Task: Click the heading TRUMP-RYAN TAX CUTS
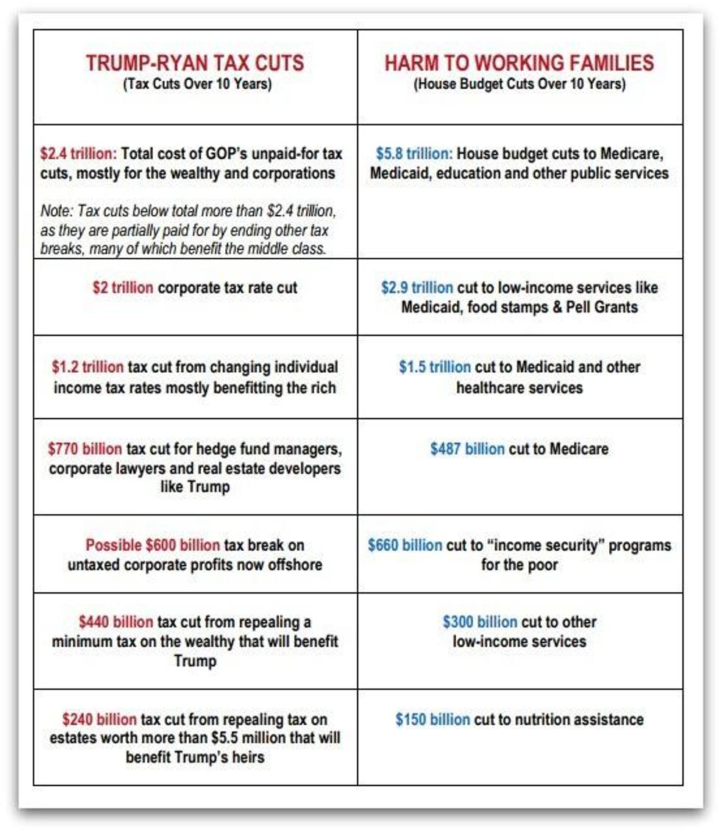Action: (x=194, y=63)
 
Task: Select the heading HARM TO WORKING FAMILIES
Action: (x=519, y=63)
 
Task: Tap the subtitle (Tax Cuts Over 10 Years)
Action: (x=197, y=84)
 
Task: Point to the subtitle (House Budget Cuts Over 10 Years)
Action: (x=519, y=84)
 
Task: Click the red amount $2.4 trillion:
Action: (x=78, y=154)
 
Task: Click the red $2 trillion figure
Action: (x=123, y=288)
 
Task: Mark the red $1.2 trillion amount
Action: (x=88, y=367)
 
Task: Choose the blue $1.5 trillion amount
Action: (x=435, y=367)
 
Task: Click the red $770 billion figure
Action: (x=85, y=448)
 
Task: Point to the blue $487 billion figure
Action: (x=467, y=449)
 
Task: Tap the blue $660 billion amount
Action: (x=405, y=546)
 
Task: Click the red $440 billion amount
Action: (x=116, y=622)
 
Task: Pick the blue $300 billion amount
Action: (x=480, y=622)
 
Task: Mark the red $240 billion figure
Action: (x=99, y=719)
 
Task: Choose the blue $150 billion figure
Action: (x=433, y=719)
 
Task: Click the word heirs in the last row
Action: (x=247, y=757)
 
